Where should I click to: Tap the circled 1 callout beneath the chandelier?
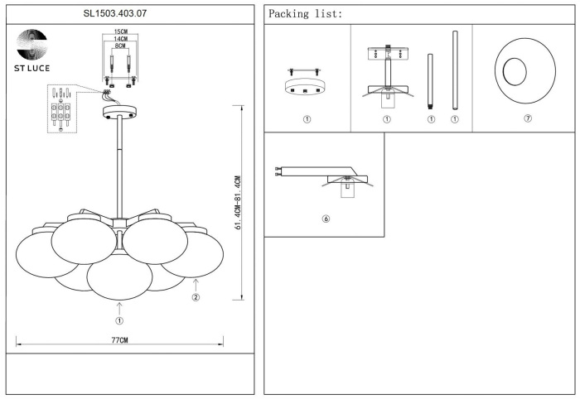click(119, 321)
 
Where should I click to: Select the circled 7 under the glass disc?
click(528, 118)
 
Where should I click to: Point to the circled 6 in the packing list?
click(326, 219)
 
